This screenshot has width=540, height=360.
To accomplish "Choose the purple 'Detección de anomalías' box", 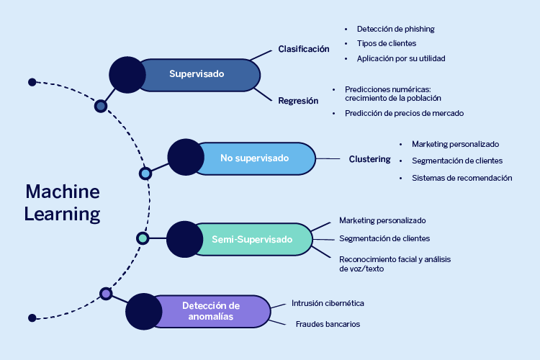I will (210, 311).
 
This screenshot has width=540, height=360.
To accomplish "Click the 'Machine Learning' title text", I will (62, 202).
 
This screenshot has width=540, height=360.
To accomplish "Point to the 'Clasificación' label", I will (303, 50).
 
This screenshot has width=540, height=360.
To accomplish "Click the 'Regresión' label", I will (298, 101).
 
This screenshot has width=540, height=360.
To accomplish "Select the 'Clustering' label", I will (369, 159).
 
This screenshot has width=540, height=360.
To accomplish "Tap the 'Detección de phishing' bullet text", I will (395, 30).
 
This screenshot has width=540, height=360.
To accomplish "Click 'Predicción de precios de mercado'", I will (404, 113).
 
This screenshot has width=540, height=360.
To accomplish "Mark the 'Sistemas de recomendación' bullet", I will (462, 178).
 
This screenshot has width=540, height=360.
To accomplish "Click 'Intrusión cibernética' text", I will (328, 303).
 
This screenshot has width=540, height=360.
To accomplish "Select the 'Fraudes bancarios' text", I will (328, 324).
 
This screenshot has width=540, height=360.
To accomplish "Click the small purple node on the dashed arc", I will (106, 294).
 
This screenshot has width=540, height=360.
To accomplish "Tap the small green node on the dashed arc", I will (143, 238).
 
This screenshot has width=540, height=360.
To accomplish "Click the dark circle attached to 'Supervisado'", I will (127, 73).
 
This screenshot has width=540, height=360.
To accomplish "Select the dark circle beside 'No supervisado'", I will (185, 157).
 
